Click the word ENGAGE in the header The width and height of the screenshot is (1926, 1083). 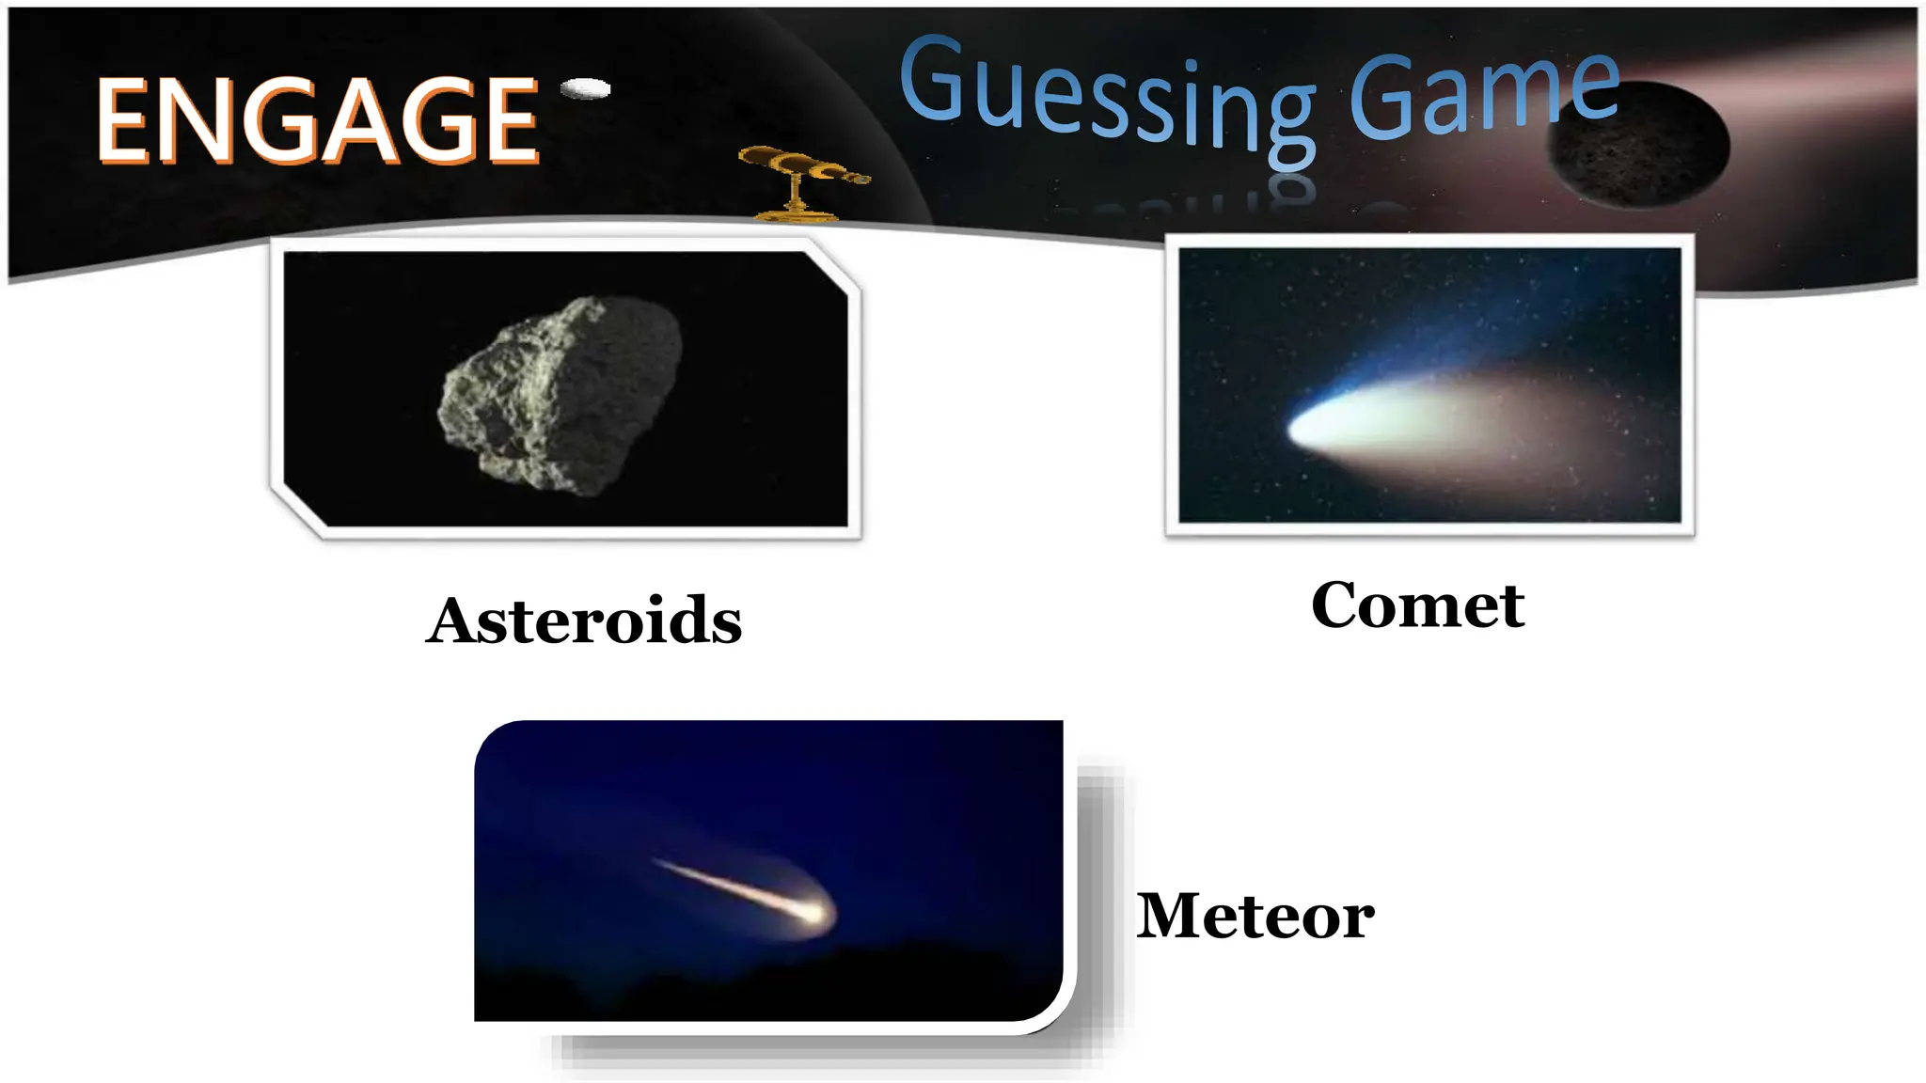tap(318, 120)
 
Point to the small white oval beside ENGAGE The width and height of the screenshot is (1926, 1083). tap(586, 88)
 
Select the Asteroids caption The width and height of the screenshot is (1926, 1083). tap(584, 620)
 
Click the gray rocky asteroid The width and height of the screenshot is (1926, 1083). tap(562, 395)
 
